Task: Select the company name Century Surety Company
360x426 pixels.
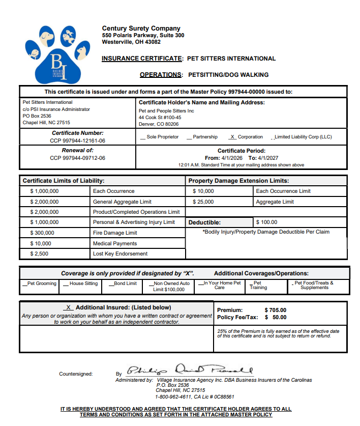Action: tap(141, 29)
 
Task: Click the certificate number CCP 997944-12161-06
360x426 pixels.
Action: tap(77, 140)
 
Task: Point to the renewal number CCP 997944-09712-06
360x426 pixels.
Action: tap(77, 158)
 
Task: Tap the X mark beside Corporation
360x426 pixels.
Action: tap(233, 137)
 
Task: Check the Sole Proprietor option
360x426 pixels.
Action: tap(143, 137)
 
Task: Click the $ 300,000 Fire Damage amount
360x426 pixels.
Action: tap(42, 233)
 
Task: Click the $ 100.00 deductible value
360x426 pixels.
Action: tap(267, 222)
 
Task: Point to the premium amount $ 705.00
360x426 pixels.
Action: tap(276, 310)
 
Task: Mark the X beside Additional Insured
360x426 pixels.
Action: tap(68, 307)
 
